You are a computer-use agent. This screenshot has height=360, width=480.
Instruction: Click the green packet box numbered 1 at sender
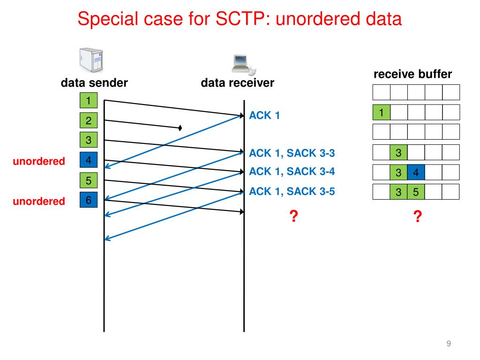88,100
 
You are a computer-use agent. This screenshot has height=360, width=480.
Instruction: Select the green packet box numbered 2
88,120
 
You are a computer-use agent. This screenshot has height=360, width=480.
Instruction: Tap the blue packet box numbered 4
88,160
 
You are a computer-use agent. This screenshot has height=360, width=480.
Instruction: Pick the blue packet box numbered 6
88,200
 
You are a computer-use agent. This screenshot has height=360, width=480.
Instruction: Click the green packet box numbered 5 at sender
88,180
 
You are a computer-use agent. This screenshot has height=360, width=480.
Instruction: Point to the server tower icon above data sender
91,60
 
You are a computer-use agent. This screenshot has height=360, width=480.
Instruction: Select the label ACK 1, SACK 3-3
292,152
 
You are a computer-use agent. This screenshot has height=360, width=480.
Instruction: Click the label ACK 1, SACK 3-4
292,171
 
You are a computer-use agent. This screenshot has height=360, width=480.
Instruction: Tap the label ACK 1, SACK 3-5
292,191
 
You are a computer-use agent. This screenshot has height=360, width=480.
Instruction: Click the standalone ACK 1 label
264,115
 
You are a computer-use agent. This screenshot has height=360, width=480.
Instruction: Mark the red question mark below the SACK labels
293,216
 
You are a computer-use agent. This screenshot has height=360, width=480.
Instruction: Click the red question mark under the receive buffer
417,216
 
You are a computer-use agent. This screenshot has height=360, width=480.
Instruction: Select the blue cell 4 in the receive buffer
416,172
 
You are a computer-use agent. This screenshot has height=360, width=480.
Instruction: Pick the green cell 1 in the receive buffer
382,112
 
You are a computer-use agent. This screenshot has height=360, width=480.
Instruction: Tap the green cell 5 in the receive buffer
416,192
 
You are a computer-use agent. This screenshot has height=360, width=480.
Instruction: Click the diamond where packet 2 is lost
180,127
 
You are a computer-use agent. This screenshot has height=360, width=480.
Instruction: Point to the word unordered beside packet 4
38,162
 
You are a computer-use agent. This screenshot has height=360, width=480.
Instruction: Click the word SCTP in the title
240,19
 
